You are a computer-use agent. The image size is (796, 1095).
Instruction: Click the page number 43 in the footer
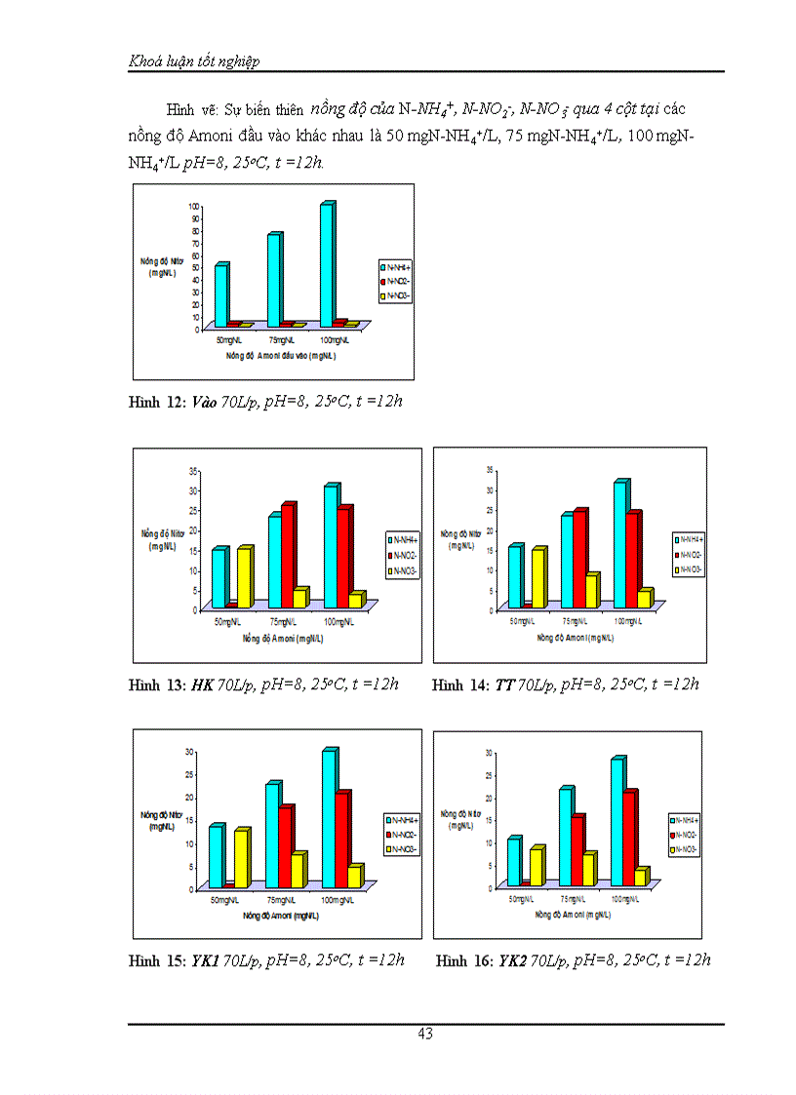424,1035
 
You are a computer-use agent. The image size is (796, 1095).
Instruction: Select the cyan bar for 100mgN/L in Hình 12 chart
326,263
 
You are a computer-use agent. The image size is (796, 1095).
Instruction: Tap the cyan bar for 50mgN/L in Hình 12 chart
221,294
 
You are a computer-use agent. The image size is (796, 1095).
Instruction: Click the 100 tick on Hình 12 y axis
194,207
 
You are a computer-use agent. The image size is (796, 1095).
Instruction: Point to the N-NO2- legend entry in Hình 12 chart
398,279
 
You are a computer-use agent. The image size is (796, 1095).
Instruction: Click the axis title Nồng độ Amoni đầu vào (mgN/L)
275,357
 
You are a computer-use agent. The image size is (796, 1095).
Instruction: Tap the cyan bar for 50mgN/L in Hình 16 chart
513,862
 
